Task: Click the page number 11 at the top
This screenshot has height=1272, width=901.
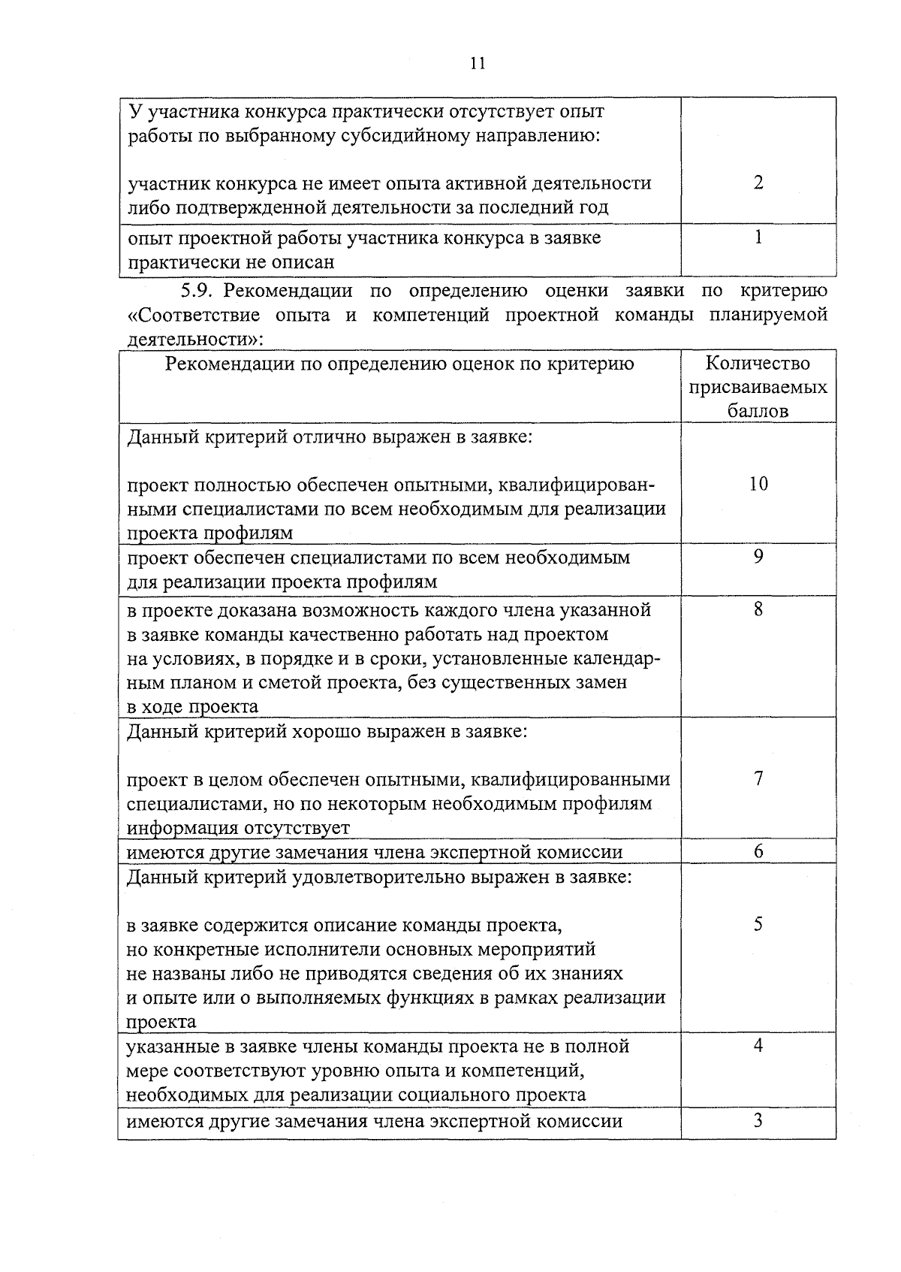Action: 478,63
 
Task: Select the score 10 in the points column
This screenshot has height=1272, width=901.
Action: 758,484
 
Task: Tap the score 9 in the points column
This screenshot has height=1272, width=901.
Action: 758,557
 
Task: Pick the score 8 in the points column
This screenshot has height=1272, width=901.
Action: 758,609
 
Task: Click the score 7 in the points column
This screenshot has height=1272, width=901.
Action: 758,778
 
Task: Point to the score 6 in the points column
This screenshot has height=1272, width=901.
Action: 758,851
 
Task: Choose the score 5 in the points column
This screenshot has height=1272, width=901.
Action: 758,924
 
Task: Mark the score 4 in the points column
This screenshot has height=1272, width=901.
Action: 758,1045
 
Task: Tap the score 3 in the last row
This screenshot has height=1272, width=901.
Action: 758,1120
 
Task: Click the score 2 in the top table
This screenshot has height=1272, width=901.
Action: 758,183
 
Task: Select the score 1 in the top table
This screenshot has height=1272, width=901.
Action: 758,237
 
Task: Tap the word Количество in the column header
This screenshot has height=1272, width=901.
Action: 758,364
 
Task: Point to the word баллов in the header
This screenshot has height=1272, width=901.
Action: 758,412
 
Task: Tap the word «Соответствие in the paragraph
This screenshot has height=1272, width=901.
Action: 197,315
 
